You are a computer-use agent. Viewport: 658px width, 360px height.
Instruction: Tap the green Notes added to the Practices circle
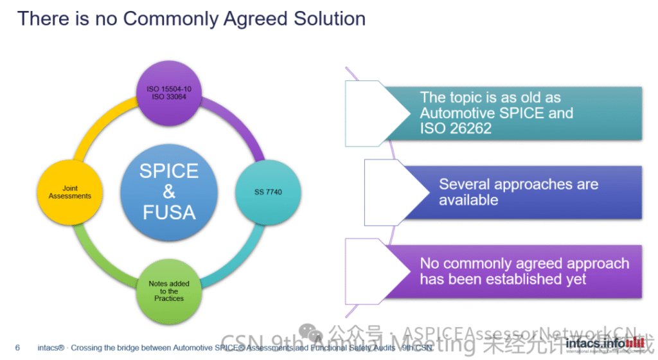point(169,291)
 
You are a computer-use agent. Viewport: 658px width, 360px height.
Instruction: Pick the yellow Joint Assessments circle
point(70,192)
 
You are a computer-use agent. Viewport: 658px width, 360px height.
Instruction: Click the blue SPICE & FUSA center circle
point(169,191)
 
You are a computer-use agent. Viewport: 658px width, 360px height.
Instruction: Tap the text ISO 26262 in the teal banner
point(456,128)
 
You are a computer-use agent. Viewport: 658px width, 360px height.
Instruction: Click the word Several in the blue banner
point(465,184)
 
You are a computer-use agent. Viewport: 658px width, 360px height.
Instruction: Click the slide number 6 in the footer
point(17,348)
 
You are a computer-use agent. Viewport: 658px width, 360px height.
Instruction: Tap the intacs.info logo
point(604,344)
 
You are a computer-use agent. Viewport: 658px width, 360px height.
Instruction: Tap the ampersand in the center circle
point(169,191)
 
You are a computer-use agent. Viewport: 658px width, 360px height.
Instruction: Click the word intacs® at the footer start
point(50,348)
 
